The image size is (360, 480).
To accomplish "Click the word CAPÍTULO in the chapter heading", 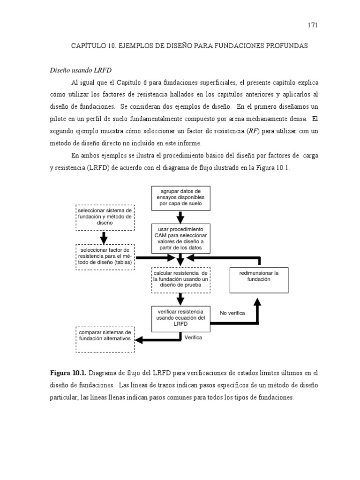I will click(89, 46).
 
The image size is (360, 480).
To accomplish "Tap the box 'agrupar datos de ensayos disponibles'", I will click(180, 197).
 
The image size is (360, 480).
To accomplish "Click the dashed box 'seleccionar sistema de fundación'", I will click(105, 217).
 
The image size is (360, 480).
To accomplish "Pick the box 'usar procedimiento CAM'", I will click(180, 239).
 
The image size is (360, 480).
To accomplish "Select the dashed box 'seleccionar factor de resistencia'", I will click(105, 256).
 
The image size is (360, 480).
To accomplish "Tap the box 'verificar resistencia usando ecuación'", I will click(180, 317).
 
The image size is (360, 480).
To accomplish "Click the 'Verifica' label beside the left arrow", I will click(193, 337).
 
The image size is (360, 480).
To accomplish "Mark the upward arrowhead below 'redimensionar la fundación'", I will click(257, 302).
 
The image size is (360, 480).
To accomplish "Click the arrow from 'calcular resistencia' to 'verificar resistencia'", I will click(180, 299).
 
